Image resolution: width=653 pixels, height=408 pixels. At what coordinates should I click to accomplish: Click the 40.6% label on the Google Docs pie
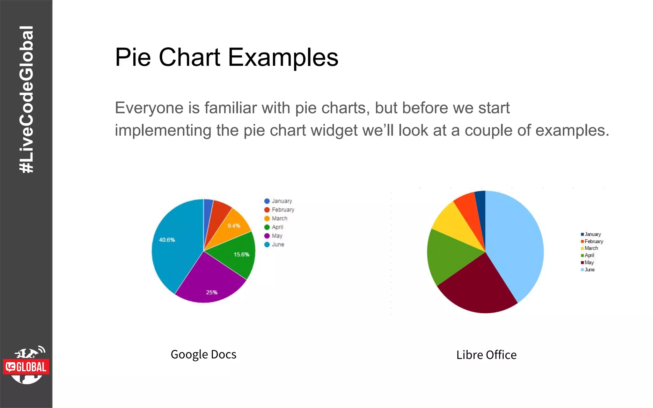coord(167,240)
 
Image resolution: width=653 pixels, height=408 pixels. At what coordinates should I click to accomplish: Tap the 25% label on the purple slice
coord(211,292)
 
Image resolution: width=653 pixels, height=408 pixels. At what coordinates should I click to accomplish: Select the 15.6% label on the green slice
coord(241,254)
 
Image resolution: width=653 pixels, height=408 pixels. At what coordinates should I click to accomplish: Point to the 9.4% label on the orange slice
coord(234,226)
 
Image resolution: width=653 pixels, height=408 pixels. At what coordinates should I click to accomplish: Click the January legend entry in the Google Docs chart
coord(278,201)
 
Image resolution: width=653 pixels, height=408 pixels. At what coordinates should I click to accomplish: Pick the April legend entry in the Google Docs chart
coord(274,227)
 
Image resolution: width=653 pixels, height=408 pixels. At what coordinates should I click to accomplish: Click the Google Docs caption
coord(203,354)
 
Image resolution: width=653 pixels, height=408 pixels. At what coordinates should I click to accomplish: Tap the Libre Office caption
coord(486,355)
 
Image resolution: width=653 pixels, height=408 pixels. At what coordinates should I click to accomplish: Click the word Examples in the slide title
coord(283,57)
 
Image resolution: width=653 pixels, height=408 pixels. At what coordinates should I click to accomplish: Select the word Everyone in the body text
coord(149,108)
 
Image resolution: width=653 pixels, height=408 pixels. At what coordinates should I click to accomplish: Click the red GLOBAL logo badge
coord(26,367)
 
